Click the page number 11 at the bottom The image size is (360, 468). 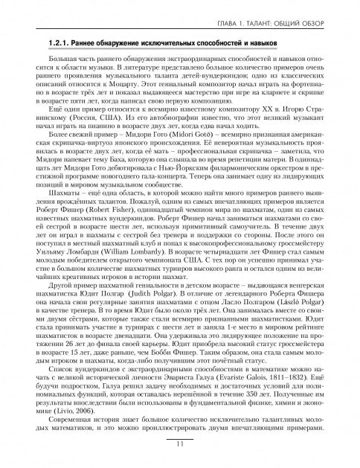pyautogui.click(x=180, y=444)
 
